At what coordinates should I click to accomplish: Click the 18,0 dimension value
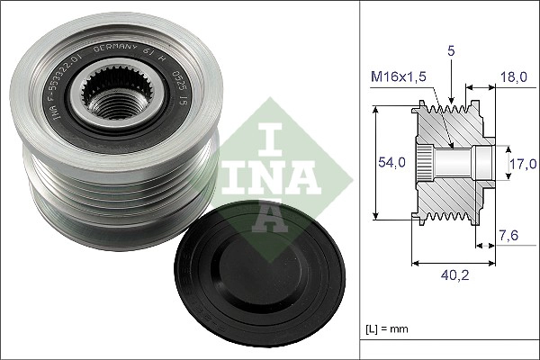click(516, 79)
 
